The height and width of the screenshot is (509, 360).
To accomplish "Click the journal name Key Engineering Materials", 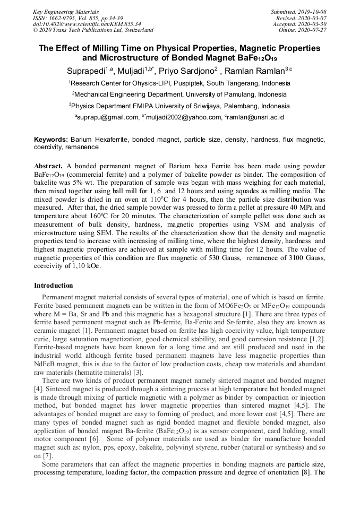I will (65, 12).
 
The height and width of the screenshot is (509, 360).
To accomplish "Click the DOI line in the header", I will (87, 24).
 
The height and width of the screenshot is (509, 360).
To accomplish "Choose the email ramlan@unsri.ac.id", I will (255, 117).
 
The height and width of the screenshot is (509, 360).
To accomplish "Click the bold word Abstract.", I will (48, 166).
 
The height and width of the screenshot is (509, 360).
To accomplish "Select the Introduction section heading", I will (54, 286).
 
